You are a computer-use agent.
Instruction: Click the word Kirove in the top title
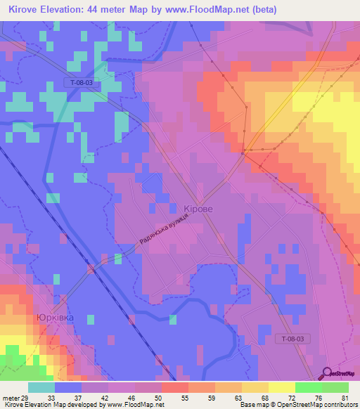(x=26, y=10)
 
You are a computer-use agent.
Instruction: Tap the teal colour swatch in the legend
(x=41, y=387)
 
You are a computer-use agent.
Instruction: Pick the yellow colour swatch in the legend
(x=282, y=387)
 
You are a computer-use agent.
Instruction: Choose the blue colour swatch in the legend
(x=68, y=387)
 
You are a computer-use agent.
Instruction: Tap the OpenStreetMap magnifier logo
(x=328, y=373)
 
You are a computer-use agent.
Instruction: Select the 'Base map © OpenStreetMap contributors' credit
(x=297, y=404)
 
